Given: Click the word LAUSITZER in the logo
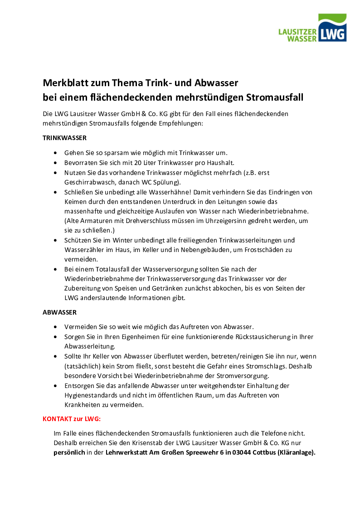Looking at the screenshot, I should click(298, 32).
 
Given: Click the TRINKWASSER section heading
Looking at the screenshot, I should click(64, 137).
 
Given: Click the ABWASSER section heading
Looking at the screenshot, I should click(59, 312).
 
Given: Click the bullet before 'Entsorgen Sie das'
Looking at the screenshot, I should click(55, 386).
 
